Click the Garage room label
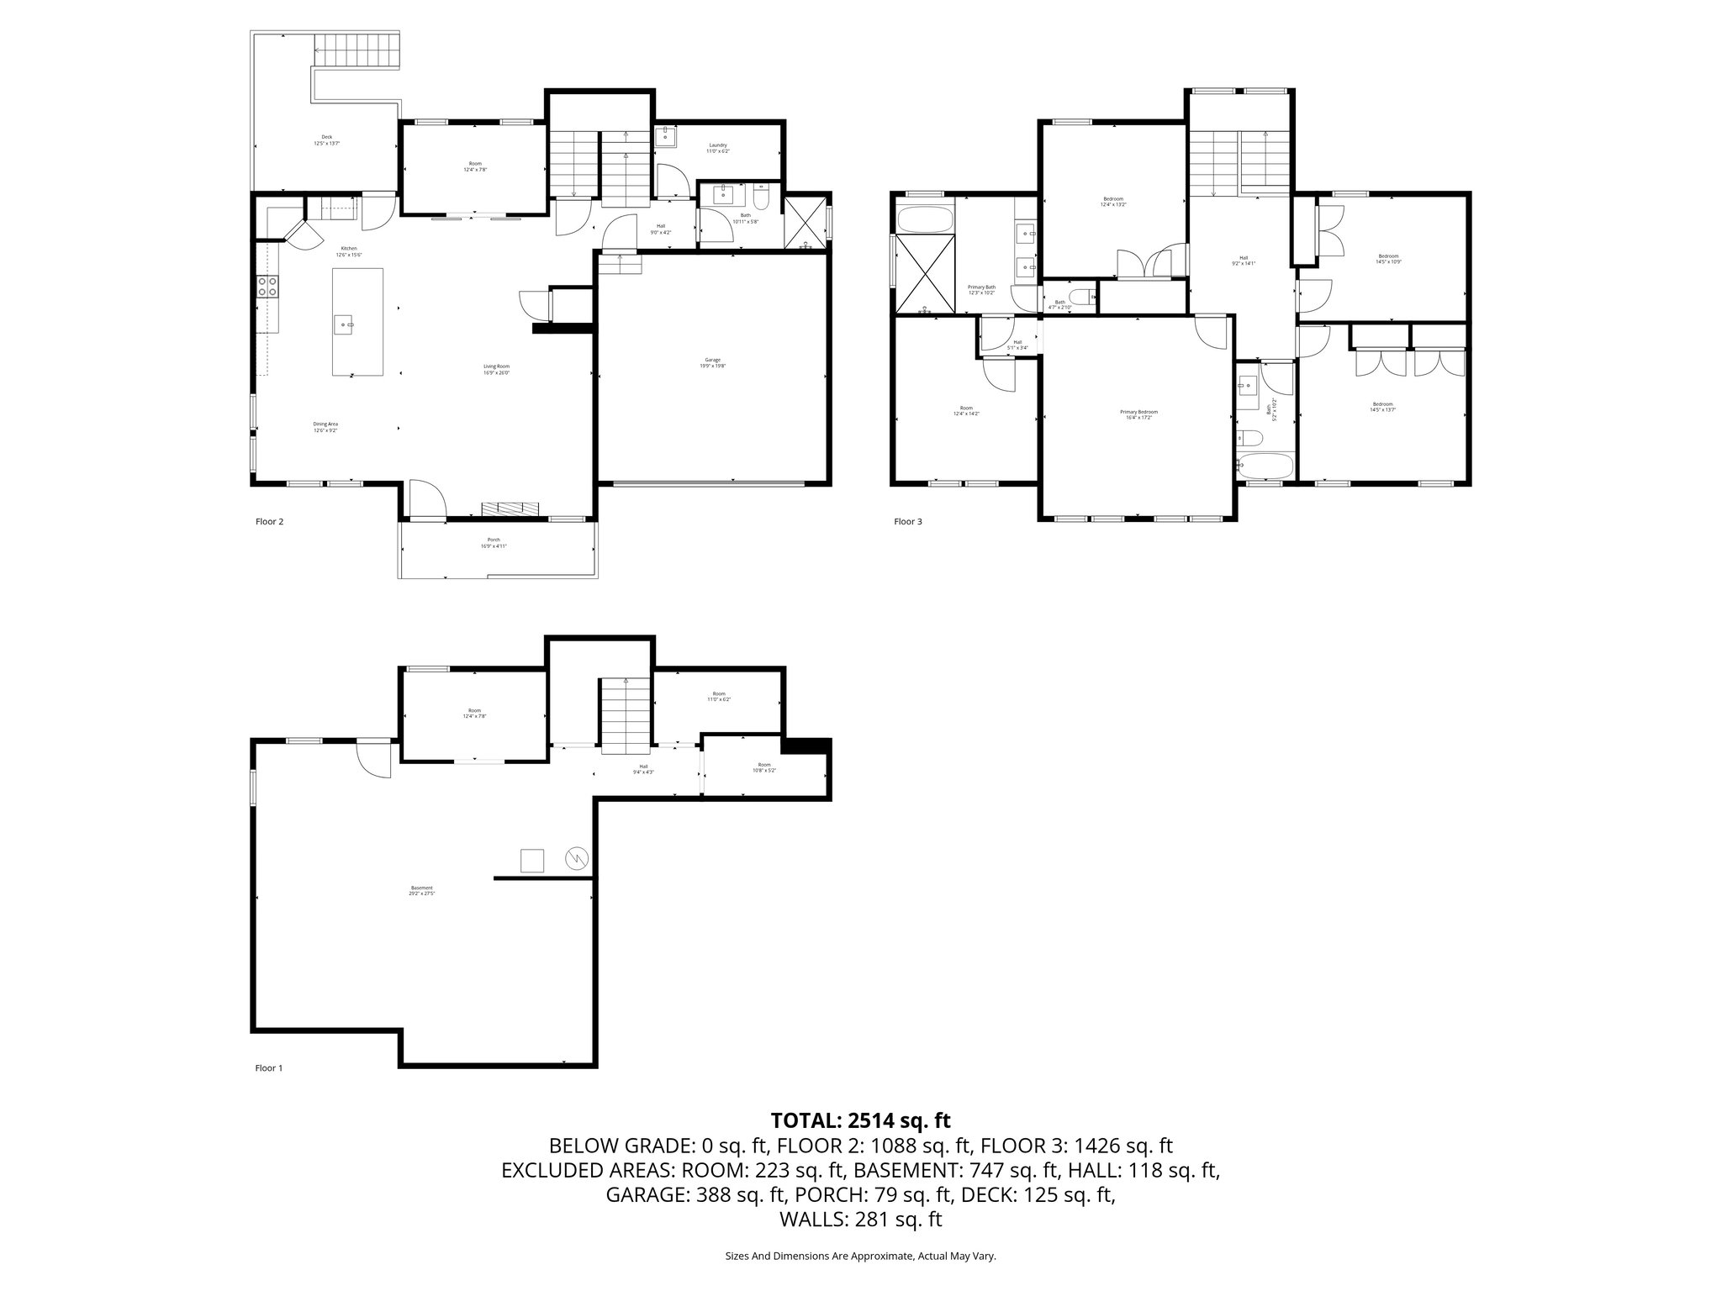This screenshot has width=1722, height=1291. (x=712, y=362)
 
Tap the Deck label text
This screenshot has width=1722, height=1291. (x=326, y=140)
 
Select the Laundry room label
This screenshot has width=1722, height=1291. (x=717, y=148)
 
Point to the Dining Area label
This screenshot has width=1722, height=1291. (x=325, y=427)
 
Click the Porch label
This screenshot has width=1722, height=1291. (x=494, y=542)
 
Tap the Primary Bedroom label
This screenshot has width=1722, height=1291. (x=1138, y=414)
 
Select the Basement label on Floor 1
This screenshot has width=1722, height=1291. (x=421, y=890)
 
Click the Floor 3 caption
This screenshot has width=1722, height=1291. (x=907, y=522)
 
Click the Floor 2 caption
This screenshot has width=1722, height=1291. (x=269, y=522)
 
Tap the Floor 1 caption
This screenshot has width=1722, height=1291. (x=269, y=1068)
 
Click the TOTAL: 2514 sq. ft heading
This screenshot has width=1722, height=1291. (x=860, y=1120)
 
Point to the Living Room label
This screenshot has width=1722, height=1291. (x=496, y=369)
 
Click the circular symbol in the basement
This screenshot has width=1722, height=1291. (x=578, y=858)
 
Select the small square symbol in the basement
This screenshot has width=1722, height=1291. (x=532, y=861)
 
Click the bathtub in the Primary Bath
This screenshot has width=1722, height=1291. (x=925, y=221)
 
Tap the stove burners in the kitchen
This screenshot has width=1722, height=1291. (x=268, y=287)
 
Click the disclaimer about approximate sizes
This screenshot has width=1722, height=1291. (x=860, y=1257)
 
